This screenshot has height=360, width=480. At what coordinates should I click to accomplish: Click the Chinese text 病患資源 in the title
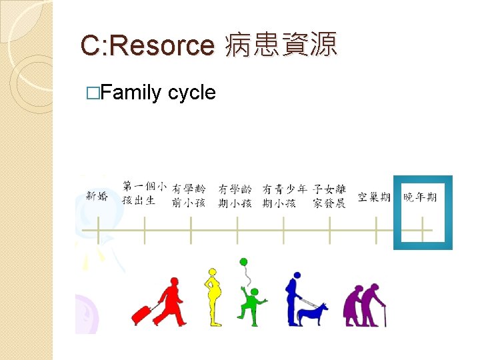281,45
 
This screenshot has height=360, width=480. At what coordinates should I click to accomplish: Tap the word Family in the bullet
130,92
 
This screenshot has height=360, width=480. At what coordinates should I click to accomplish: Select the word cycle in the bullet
192,92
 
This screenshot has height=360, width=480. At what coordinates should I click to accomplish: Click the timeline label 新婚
97,196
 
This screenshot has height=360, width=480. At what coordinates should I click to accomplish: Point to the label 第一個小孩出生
144,193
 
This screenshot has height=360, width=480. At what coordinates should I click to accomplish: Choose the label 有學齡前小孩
189,196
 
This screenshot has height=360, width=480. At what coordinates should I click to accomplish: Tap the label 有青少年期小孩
283,196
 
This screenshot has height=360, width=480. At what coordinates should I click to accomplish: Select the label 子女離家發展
329,196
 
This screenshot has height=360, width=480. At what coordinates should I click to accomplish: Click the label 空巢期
374,197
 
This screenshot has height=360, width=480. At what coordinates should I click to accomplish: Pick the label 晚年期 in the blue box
420,197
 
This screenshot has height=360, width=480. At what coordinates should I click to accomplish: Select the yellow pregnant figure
213,297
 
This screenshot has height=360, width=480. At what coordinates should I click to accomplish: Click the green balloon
244,262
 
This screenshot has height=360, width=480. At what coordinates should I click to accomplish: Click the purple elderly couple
364,305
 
